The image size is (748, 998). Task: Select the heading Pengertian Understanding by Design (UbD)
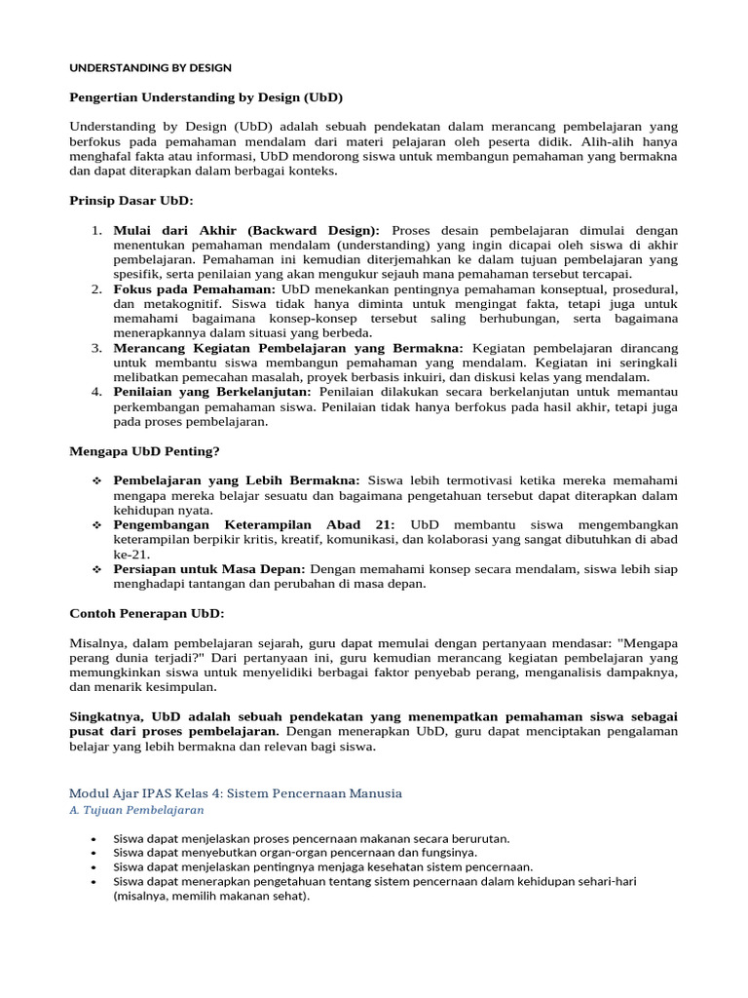click(206, 97)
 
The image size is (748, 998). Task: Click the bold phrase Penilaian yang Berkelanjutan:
click(212, 392)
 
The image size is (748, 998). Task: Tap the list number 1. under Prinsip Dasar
click(96, 230)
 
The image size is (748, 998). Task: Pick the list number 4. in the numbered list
click(96, 392)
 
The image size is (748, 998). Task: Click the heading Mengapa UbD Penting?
click(145, 451)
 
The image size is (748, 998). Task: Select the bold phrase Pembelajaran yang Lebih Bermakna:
click(237, 480)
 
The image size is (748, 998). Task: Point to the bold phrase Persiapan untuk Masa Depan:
click(209, 568)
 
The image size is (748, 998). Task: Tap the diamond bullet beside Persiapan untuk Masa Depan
click(96, 568)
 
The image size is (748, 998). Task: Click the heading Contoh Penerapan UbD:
click(147, 613)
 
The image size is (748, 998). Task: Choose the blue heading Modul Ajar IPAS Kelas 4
click(236, 793)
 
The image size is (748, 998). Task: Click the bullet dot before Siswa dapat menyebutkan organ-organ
click(93, 852)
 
